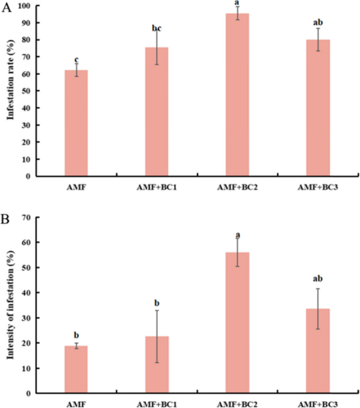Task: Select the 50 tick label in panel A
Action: [x=26, y=91]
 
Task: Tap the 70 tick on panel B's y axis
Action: [x=26, y=217]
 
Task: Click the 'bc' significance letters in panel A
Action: [x=157, y=28]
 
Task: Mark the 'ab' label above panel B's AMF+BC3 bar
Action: [x=318, y=278]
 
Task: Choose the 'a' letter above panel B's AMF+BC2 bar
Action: [x=238, y=234]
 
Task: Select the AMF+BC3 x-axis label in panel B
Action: [x=318, y=404]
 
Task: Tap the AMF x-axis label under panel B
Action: [x=76, y=404]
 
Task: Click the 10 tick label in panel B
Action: [x=26, y=368]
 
